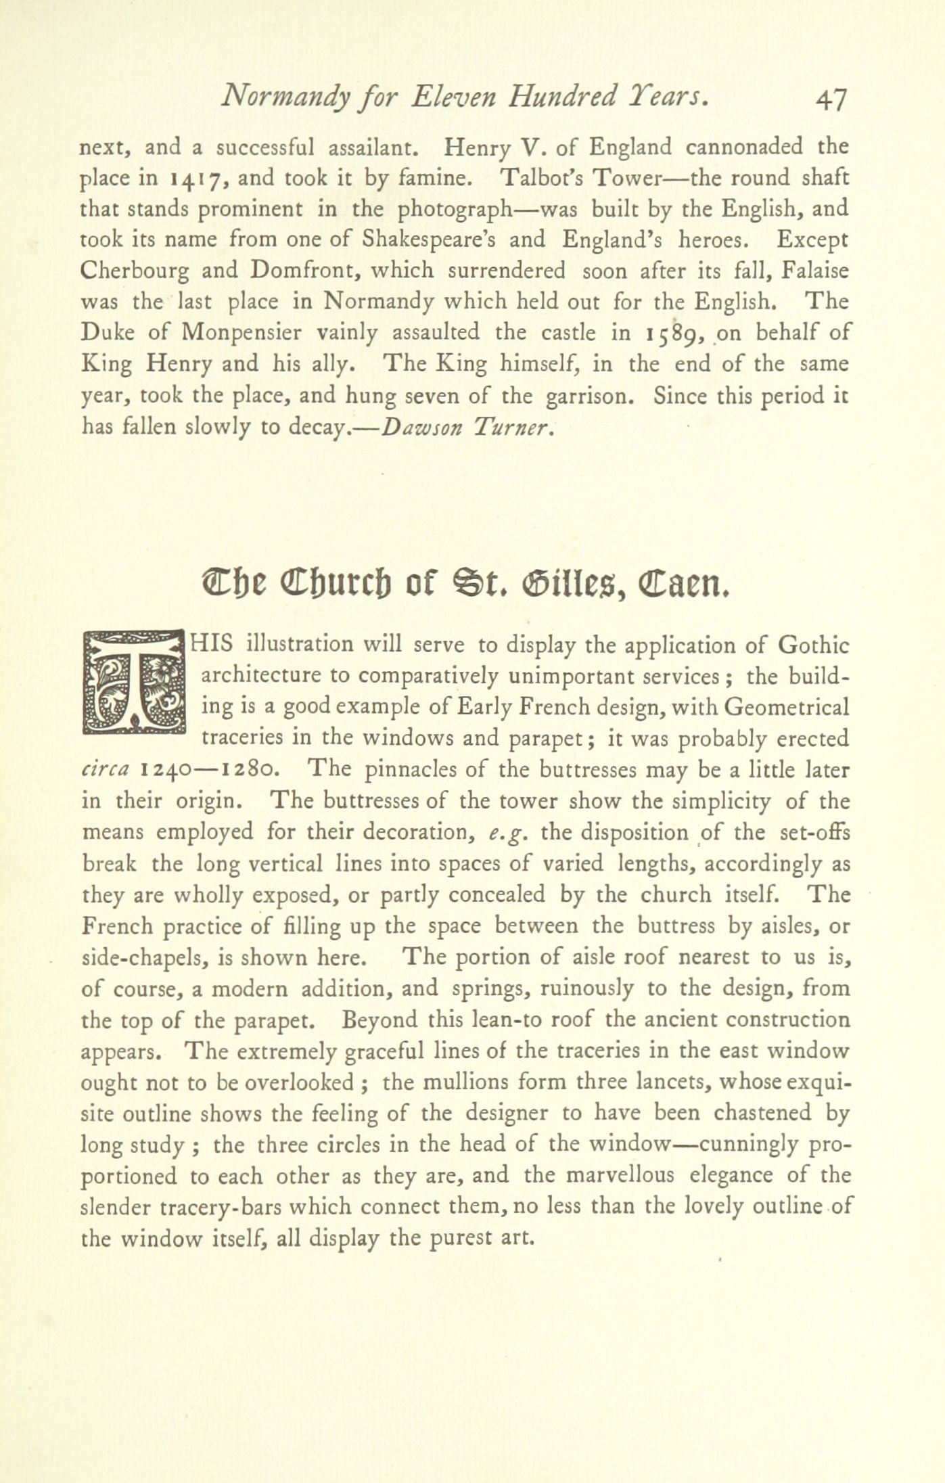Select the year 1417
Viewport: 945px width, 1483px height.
pyautogui.click(x=195, y=179)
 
